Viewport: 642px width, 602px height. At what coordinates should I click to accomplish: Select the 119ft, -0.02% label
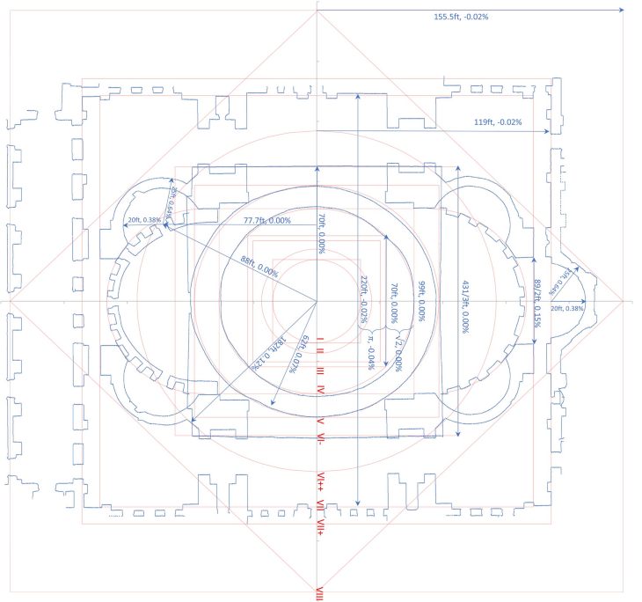tap(498, 122)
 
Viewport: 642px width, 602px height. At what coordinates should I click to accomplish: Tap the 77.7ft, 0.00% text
tap(267, 220)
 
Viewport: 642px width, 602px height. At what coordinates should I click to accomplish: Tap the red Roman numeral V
tap(321, 422)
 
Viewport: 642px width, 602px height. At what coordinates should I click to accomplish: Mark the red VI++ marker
tap(322, 480)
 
